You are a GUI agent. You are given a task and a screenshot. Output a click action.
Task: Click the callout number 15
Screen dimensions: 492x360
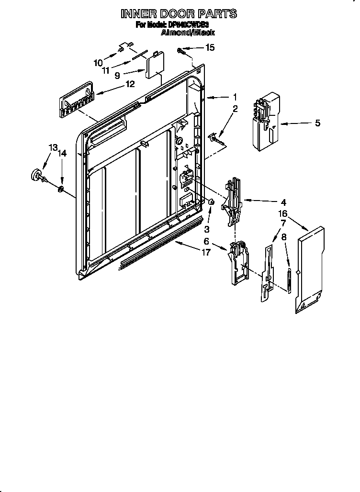[x=210, y=47]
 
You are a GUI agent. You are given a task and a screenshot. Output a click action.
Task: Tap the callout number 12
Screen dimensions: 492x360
[x=130, y=84]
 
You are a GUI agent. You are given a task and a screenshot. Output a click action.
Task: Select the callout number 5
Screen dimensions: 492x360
[x=317, y=123]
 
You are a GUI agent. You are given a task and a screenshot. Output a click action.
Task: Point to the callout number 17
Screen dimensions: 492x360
[x=206, y=252]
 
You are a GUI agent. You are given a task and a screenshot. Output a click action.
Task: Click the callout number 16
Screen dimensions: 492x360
[x=283, y=213]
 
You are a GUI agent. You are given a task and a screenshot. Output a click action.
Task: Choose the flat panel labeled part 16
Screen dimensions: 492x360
[x=310, y=270]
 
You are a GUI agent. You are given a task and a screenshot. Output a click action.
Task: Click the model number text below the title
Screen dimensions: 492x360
[x=179, y=25]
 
